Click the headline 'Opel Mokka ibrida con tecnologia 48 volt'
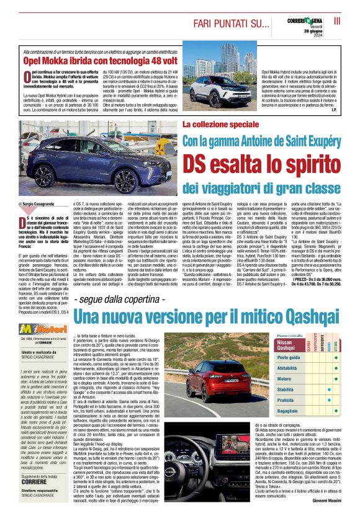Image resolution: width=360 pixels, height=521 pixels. [101, 61]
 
